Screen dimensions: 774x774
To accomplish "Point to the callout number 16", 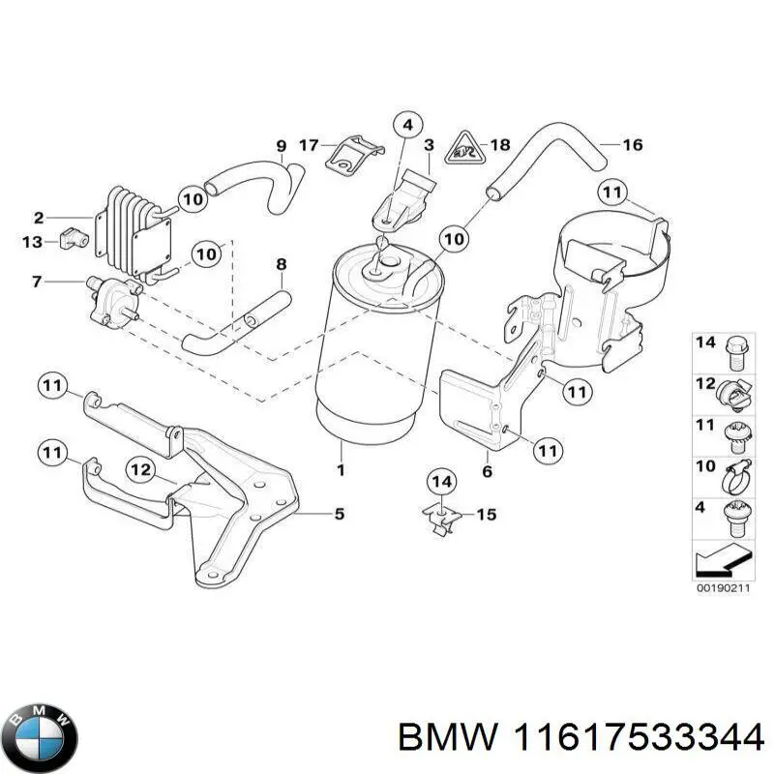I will [632, 146].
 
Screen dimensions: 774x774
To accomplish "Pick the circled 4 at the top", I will [408, 125].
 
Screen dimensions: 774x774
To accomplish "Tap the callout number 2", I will [39, 217].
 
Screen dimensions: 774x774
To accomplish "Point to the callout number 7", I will [37, 282].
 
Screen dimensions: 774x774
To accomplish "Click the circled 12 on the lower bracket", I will [141, 469].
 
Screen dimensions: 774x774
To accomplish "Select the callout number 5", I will [339, 515].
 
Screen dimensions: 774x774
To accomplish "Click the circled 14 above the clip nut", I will [441, 481].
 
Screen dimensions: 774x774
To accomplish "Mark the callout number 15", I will [486, 515].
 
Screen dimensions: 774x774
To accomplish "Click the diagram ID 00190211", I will [722, 587].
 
